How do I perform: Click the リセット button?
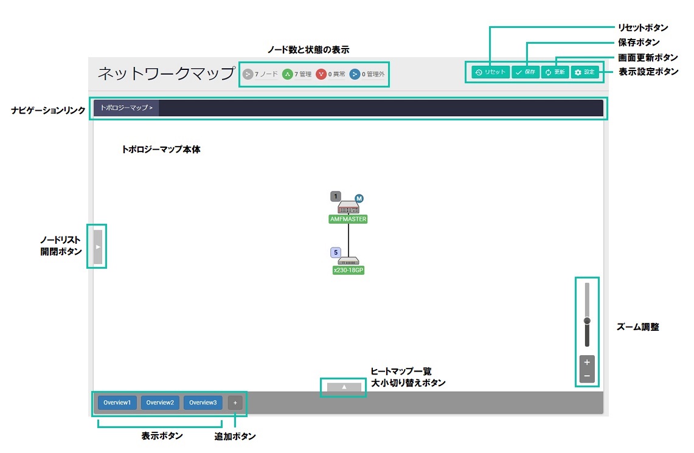pyautogui.click(x=490, y=72)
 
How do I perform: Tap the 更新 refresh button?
pyautogui.click(x=554, y=72)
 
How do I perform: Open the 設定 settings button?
pyautogui.click(x=585, y=72)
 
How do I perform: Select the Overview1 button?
pyautogui.click(x=117, y=403)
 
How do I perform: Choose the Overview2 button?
pyautogui.click(x=159, y=403)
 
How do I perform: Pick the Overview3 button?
pyautogui.click(x=202, y=403)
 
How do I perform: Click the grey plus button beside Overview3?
pyautogui.click(x=235, y=403)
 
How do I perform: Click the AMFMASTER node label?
pyautogui.click(x=349, y=219)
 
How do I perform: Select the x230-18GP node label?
pyautogui.click(x=349, y=271)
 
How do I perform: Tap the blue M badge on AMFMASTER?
pyautogui.click(x=359, y=199)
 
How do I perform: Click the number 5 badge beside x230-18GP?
pyautogui.click(x=336, y=252)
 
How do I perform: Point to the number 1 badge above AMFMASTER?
pyautogui.click(x=336, y=196)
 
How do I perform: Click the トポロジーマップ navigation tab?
pyautogui.click(x=126, y=108)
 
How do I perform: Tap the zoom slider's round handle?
pyautogui.click(x=587, y=320)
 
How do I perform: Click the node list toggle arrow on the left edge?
pyautogui.click(x=97, y=247)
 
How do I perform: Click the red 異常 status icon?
pyautogui.click(x=321, y=74)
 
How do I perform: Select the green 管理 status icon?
pyautogui.click(x=287, y=74)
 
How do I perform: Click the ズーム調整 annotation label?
pyautogui.click(x=637, y=327)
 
